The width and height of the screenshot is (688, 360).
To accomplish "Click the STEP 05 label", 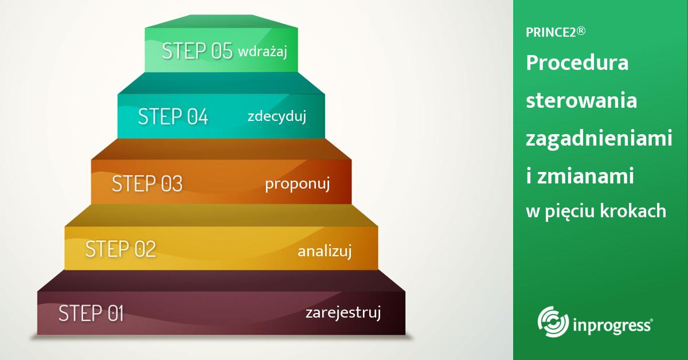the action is pos(197,50).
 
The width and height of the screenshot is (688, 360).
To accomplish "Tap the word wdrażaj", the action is pos(263,51).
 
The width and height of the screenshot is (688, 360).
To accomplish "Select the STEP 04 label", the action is pos(173,116).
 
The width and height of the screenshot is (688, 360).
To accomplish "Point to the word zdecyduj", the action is pos(277,116).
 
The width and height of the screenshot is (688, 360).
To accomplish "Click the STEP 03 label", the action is pos(147,183).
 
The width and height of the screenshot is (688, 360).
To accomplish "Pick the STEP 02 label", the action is pos(121,249).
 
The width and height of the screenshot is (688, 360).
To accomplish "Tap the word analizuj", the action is pos(325,251).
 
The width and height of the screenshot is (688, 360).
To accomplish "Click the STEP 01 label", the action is pos(91,313).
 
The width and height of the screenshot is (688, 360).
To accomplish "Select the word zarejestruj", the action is pos(343,312).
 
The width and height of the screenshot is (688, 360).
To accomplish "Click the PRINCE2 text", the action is pos(551,33).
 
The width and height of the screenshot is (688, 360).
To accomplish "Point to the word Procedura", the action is pos(577,62).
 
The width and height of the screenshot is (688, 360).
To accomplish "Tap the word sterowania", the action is pos(581,100).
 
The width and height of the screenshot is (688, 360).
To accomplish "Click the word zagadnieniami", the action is pos(599,139).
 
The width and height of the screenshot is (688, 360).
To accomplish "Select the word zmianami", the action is pos(585,177).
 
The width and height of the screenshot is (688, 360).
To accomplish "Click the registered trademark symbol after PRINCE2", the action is pos(581,31).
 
